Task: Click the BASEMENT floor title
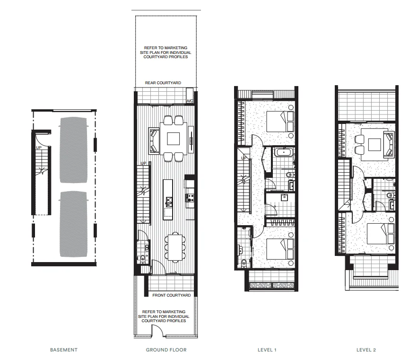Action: click(x=63, y=350)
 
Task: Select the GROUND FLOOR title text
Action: click(x=165, y=350)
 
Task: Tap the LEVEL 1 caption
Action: click(x=267, y=350)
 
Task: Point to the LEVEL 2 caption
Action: click(x=366, y=350)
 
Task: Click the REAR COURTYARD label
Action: click(x=163, y=83)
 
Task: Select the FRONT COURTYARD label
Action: click(x=171, y=295)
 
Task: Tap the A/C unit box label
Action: click(x=190, y=101)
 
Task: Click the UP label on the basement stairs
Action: click(x=39, y=148)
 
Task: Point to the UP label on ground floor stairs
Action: click(x=143, y=164)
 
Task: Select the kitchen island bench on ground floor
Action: click(x=168, y=199)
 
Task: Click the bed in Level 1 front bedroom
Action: click(x=279, y=249)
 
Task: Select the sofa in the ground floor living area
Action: click(x=154, y=140)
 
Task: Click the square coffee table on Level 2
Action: click(x=375, y=144)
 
